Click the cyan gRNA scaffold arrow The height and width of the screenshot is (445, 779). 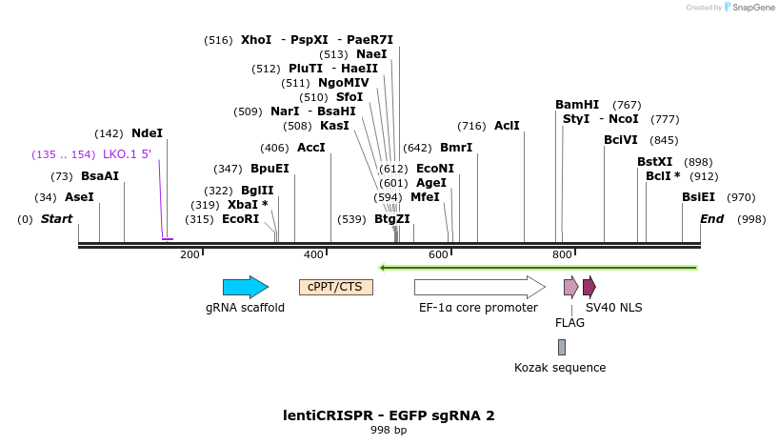(245, 287)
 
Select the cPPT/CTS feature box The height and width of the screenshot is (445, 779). (335, 287)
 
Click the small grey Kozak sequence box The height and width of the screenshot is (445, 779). (562, 347)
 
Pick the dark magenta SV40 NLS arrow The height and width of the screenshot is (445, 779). (589, 287)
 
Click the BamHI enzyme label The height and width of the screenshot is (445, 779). (577, 105)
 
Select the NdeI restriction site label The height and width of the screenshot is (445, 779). (148, 133)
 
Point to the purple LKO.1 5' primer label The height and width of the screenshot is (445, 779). (127, 154)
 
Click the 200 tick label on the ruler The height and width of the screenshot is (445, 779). (190, 254)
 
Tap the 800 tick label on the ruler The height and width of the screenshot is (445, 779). (562, 254)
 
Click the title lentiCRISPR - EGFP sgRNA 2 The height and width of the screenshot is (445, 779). (389, 415)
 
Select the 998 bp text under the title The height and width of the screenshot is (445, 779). (389, 431)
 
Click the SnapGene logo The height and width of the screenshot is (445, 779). (749, 8)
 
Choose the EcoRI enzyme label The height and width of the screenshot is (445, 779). (240, 219)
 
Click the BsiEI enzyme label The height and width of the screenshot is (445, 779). (698, 197)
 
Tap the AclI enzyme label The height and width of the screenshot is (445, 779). (507, 126)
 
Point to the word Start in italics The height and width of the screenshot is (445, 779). (56, 219)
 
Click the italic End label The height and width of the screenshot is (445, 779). (711, 219)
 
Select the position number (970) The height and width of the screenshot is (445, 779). (740, 197)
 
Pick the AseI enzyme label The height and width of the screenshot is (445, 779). (79, 197)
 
